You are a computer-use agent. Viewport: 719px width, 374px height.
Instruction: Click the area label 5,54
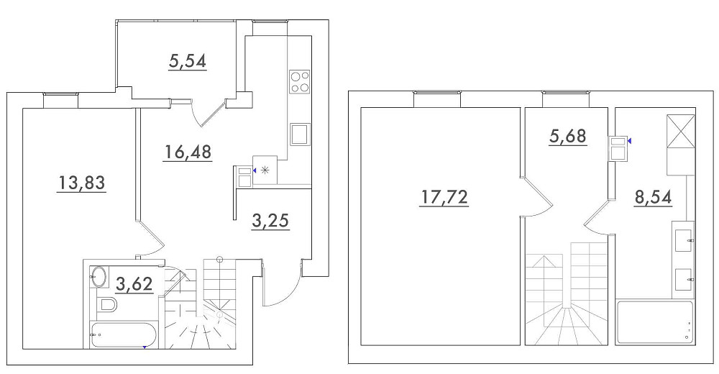[188, 61]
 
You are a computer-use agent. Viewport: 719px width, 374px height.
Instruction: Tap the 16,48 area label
[188, 151]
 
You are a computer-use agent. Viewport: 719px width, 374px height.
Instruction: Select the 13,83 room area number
[81, 183]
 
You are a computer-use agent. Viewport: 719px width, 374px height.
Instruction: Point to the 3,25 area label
[270, 221]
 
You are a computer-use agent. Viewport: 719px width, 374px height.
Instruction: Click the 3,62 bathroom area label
[134, 284]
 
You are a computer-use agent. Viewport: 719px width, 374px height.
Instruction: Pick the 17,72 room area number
[444, 197]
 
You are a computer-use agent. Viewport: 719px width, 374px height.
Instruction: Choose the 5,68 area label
[568, 136]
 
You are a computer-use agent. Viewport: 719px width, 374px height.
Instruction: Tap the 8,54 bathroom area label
[653, 197]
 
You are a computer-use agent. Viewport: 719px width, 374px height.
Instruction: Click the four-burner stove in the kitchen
[300, 82]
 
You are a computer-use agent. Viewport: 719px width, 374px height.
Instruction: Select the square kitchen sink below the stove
[300, 134]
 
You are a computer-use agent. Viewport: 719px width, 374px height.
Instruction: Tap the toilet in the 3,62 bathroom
[108, 304]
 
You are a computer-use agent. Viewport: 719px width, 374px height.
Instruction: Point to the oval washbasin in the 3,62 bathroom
[98, 277]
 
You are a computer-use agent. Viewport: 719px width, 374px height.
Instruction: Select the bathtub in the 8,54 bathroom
[655, 322]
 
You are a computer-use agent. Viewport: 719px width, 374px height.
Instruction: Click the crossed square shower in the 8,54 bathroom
[680, 131]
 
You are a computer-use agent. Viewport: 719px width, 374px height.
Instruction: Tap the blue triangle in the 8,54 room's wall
[629, 140]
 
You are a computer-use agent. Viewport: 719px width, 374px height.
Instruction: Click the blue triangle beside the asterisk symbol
[255, 170]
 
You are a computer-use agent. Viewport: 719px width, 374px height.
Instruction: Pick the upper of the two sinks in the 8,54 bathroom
[683, 237]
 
